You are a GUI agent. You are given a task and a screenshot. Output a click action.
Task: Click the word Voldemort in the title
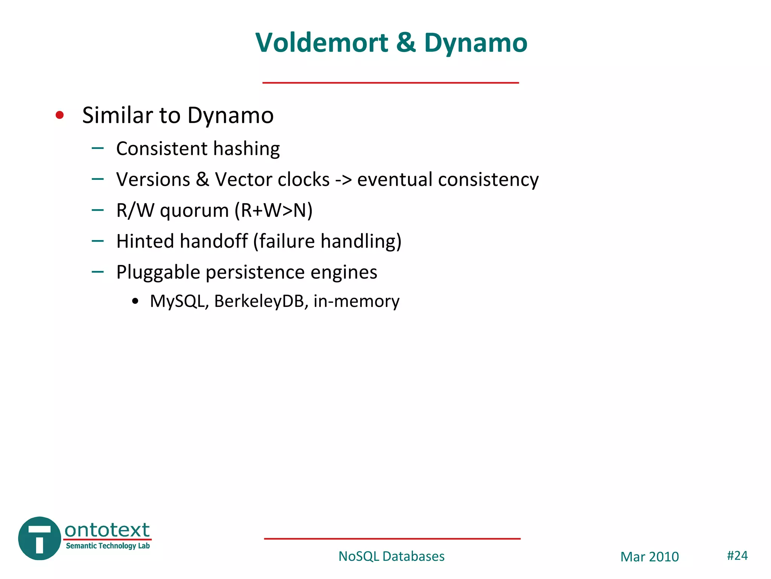322,43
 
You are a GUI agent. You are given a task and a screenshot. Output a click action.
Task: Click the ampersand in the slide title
406,43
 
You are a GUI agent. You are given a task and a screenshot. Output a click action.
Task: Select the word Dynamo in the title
475,43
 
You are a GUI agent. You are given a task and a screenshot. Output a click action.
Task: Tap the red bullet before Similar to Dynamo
59,115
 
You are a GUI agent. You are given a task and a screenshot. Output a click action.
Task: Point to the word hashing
247,149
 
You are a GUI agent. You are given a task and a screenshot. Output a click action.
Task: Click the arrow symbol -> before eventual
343,180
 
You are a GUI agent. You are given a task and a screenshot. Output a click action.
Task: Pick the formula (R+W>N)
274,210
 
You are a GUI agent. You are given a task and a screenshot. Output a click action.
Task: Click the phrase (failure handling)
327,241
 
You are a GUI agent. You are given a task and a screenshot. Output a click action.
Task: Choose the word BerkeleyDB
259,301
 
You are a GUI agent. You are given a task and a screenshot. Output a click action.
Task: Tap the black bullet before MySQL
136,302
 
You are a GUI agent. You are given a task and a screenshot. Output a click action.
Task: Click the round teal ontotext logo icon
40,538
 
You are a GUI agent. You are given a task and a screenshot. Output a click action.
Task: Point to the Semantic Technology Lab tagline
108,546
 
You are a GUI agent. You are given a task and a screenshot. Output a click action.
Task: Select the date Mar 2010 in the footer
649,557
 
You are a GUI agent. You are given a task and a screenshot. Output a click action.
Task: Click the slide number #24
737,556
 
